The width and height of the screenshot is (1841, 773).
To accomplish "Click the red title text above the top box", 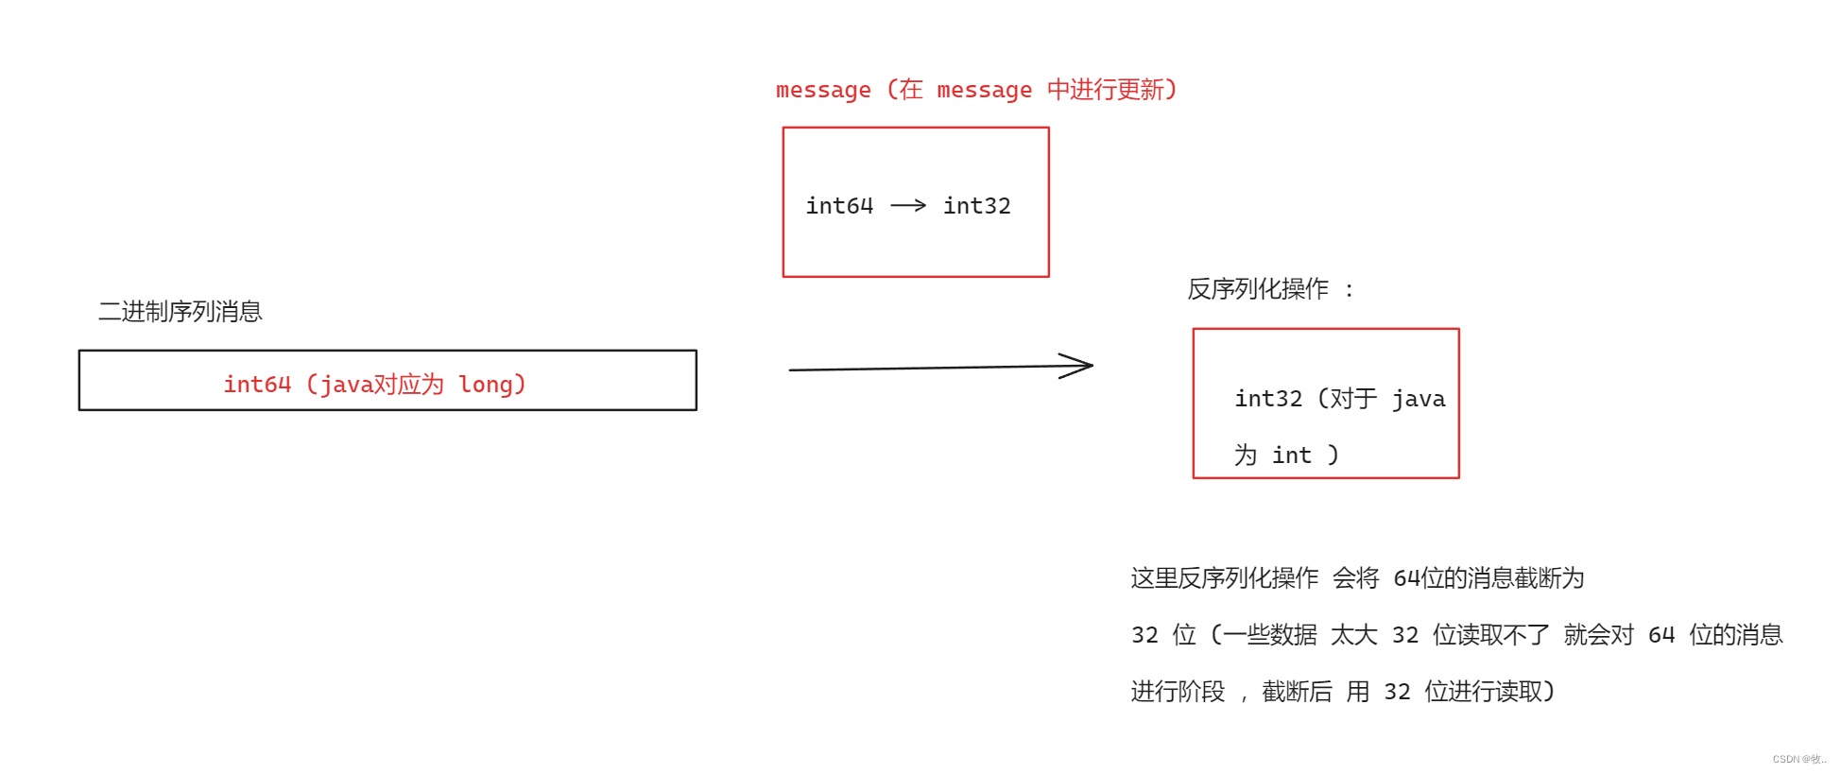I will (x=975, y=90).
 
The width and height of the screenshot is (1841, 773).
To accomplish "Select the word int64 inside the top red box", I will (x=838, y=206).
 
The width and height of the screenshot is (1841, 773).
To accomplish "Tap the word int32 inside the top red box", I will (x=976, y=206).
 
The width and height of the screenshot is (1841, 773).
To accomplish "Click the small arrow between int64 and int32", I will (x=908, y=205).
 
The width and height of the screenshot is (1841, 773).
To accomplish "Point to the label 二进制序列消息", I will (x=180, y=312).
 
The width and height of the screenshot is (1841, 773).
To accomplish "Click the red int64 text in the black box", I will (x=256, y=385).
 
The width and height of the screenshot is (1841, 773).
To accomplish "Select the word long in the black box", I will (x=485, y=385).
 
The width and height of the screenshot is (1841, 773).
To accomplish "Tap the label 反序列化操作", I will (x=1257, y=289).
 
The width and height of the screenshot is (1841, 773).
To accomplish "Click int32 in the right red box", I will (x=1267, y=399).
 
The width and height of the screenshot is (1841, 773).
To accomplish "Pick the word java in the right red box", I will (x=1418, y=399).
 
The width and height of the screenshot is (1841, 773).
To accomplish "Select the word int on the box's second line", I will (x=1291, y=455).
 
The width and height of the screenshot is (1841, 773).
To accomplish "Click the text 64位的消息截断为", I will (x=1488, y=578).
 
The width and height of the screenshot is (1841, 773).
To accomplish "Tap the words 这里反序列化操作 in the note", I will (x=1224, y=578).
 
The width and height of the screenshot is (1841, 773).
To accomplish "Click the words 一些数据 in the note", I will (x=1269, y=635).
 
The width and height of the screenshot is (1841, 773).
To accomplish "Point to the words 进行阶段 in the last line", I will (x=1178, y=692).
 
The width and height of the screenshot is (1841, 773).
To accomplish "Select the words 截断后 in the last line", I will (x=1297, y=692).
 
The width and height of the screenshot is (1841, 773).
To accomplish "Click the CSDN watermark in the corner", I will (x=1798, y=759).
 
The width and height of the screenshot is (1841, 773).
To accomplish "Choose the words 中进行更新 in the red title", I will (x=1105, y=90).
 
